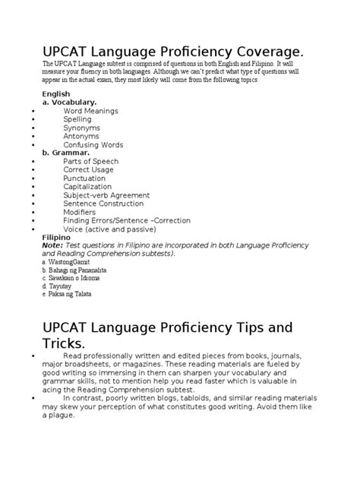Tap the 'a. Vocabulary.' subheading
pos(69,101)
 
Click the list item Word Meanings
pos(90,111)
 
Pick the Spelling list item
pos(77,119)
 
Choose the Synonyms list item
pos(81,128)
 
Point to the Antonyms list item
pos(81,136)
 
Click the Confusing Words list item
pos(93,144)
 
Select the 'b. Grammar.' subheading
pos(65,153)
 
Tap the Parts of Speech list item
pos(91,161)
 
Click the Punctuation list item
pos(84,178)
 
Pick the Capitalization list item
pos(87,187)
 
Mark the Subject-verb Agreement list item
pos(103,195)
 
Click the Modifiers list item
pos(81,212)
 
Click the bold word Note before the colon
pos(52,245)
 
